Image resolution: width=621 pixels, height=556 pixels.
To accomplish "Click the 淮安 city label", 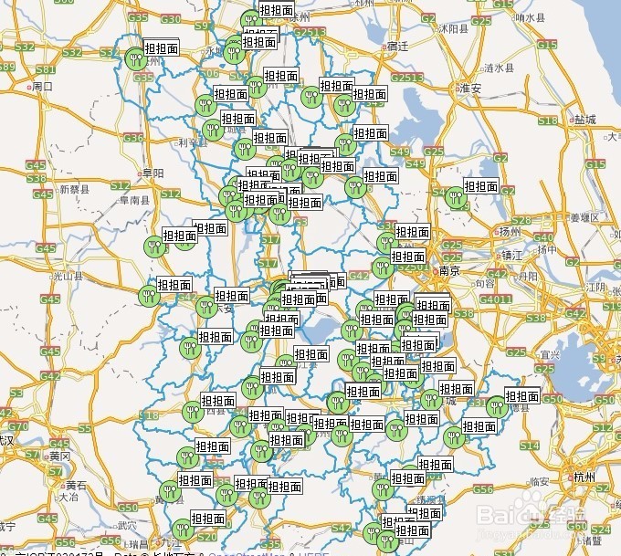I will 470,89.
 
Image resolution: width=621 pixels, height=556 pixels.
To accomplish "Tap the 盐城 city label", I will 584,120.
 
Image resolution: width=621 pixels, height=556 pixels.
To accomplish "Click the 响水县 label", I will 530,17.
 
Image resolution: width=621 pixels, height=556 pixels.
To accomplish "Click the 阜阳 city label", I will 152,173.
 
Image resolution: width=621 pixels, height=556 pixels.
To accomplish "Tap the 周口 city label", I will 42,87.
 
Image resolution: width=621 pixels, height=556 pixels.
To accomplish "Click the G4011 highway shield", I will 497,299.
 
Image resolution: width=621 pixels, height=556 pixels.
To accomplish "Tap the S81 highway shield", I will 45,69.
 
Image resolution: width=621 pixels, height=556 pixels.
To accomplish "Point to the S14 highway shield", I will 529,445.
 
